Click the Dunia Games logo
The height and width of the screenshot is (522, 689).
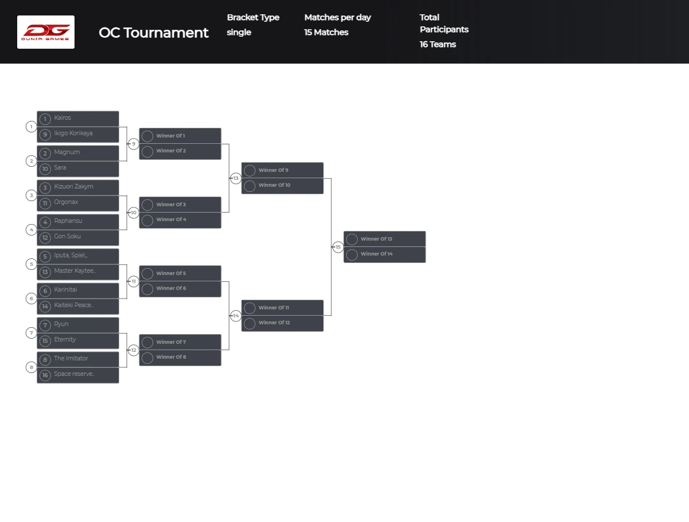pos(46,32)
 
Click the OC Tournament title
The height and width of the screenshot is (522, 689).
pos(154,33)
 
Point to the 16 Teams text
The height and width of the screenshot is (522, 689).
pos(438,44)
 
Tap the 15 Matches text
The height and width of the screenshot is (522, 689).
pos(326,32)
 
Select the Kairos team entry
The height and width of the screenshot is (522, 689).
pos(78,118)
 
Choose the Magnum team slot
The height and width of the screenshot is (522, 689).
pos(78,152)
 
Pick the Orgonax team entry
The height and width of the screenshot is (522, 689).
pos(78,202)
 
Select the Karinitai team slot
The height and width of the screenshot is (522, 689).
pos(78,290)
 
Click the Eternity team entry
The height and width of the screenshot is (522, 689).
pos(78,340)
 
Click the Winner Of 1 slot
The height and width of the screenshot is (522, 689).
pos(180,136)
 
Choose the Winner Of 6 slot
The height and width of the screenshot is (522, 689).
pos(180,288)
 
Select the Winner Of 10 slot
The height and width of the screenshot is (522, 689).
pos(282,185)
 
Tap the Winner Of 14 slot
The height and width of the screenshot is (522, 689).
pos(385,254)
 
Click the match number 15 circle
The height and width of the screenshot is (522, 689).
pos(338,247)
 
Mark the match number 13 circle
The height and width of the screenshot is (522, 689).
pos(236,178)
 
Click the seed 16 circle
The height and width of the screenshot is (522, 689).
pos(45,375)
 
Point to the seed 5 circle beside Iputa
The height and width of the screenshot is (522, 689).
pos(45,256)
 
